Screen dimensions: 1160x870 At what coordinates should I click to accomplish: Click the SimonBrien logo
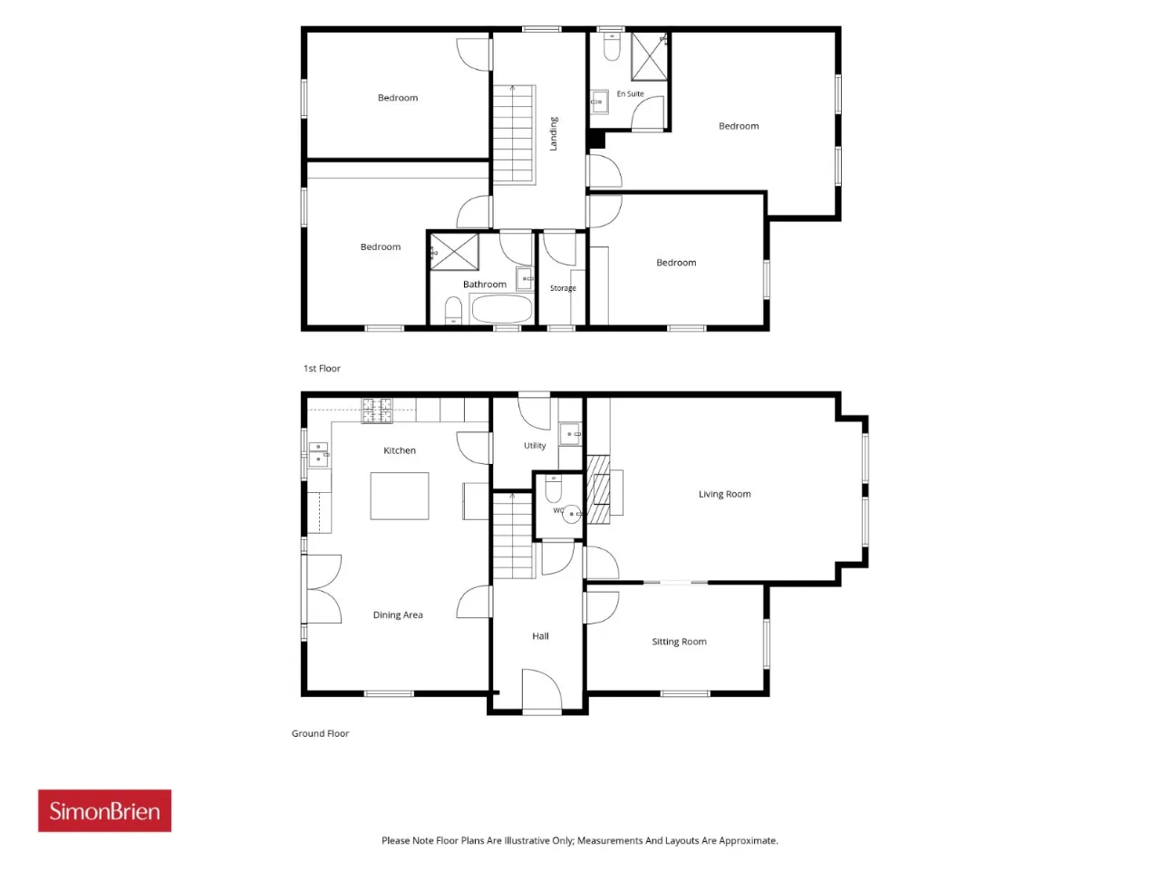point(104,810)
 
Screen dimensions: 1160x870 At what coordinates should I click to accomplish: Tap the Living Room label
point(724,494)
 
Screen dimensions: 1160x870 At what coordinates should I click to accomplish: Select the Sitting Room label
point(679,642)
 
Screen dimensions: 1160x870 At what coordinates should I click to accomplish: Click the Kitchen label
point(399,450)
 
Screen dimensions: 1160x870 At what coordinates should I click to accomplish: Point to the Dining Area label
point(398,614)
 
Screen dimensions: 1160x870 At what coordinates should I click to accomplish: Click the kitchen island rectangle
point(399,496)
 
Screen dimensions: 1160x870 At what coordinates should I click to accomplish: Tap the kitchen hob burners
point(377,411)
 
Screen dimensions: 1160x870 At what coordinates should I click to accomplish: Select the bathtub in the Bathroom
point(501,308)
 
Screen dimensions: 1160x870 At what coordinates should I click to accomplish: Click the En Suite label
point(630,93)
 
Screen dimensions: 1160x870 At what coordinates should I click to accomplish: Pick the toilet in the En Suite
point(612,47)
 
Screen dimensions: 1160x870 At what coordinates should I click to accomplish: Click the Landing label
point(554,133)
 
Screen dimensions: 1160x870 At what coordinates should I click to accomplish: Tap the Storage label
point(563,288)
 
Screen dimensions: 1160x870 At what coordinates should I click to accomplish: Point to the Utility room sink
point(570,434)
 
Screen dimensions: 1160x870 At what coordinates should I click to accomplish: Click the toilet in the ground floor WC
point(553,488)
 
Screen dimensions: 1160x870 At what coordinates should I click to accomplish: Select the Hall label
point(540,636)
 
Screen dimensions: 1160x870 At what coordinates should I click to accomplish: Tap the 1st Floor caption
point(322,368)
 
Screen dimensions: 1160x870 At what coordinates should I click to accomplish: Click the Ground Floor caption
point(320,733)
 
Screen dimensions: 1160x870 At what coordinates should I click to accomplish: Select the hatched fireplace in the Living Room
point(599,489)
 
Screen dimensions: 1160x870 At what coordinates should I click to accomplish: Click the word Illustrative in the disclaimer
point(530,840)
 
